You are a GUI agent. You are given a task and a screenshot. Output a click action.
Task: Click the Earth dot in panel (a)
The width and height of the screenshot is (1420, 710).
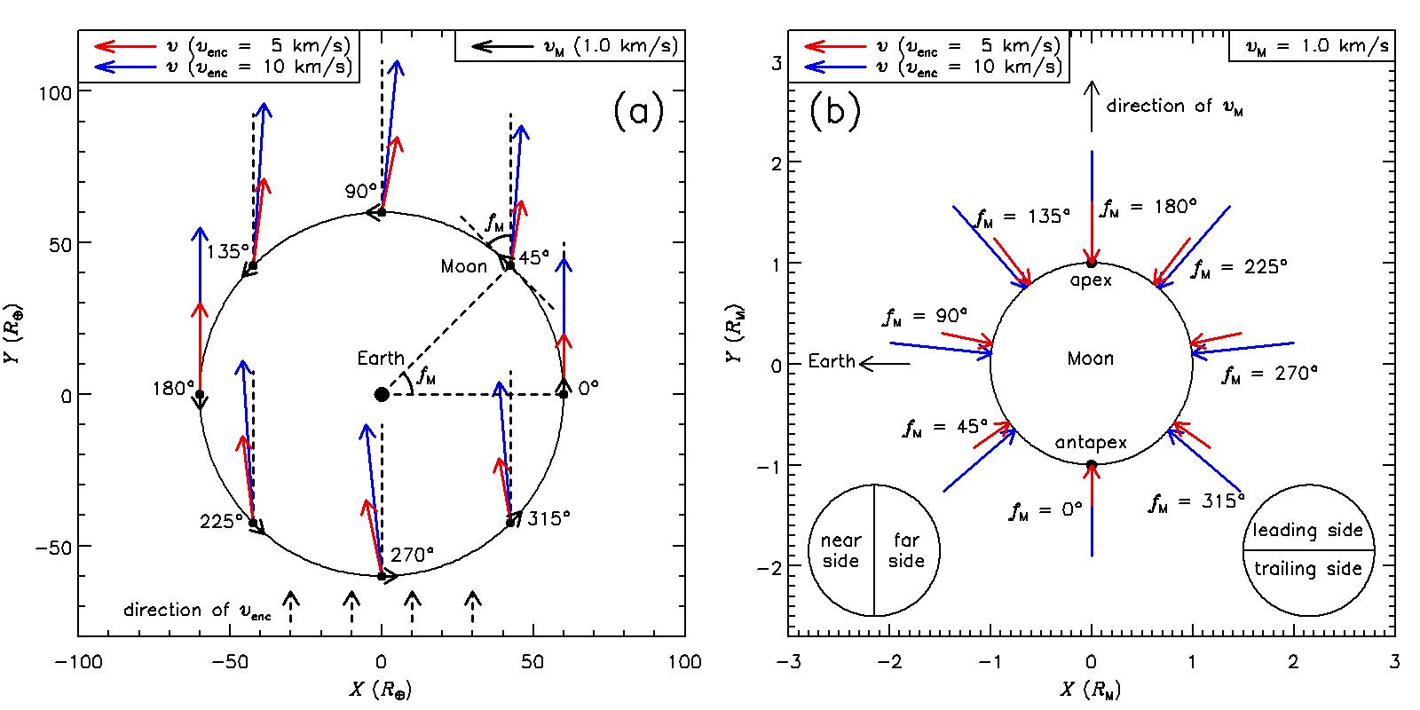(382, 394)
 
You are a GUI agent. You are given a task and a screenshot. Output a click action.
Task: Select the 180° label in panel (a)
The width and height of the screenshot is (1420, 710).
(174, 388)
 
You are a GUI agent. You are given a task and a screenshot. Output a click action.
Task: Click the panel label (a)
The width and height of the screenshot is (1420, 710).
(637, 114)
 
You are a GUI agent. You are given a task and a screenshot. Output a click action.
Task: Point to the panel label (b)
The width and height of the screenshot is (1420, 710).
(835, 114)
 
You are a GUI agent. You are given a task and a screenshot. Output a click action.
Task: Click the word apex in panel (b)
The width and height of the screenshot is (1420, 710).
(1091, 278)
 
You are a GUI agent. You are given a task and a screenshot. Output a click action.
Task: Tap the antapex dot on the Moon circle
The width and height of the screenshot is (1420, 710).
(1092, 464)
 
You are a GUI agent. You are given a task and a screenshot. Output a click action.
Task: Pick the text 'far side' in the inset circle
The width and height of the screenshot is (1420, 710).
(906, 550)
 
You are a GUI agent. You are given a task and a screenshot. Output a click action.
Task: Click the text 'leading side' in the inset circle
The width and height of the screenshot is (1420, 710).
(1307, 531)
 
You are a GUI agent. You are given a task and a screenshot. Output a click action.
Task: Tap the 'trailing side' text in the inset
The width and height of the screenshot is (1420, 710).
(1307, 569)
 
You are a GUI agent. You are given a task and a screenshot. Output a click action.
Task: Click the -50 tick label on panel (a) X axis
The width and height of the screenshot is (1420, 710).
(231, 662)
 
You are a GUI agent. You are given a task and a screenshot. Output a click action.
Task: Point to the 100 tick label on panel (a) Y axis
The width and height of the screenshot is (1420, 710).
(55, 92)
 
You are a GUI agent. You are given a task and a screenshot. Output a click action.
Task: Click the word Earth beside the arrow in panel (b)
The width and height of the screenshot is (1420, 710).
(832, 362)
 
